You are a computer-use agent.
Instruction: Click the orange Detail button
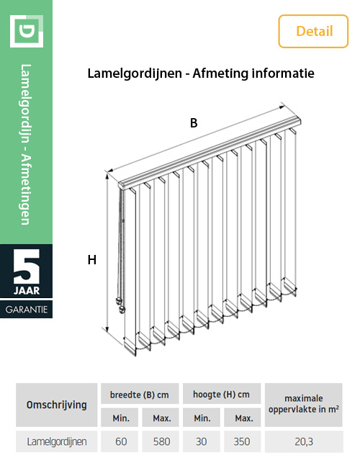coord(313,31)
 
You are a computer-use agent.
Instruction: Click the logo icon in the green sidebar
coord(27,31)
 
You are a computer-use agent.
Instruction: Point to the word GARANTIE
coord(27,310)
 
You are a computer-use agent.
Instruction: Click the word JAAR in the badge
coord(27,292)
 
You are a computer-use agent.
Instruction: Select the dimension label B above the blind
coord(194,123)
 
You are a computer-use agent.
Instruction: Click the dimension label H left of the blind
coord(92,260)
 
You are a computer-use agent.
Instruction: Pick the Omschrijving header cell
coord(56,405)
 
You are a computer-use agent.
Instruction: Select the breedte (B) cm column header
coord(139,395)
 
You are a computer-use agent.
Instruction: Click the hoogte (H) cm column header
coord(222,395)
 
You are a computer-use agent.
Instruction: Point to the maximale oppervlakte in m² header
coord(302,404)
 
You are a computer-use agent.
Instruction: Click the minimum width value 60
coord(120,442)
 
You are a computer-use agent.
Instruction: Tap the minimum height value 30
coord(202,442)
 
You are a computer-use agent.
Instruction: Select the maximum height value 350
coord(243,442)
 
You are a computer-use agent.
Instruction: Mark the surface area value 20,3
coord(302,442)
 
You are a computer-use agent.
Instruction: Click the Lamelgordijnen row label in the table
coord(56,442)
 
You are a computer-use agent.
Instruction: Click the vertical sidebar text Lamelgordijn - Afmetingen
coord(26,144)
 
